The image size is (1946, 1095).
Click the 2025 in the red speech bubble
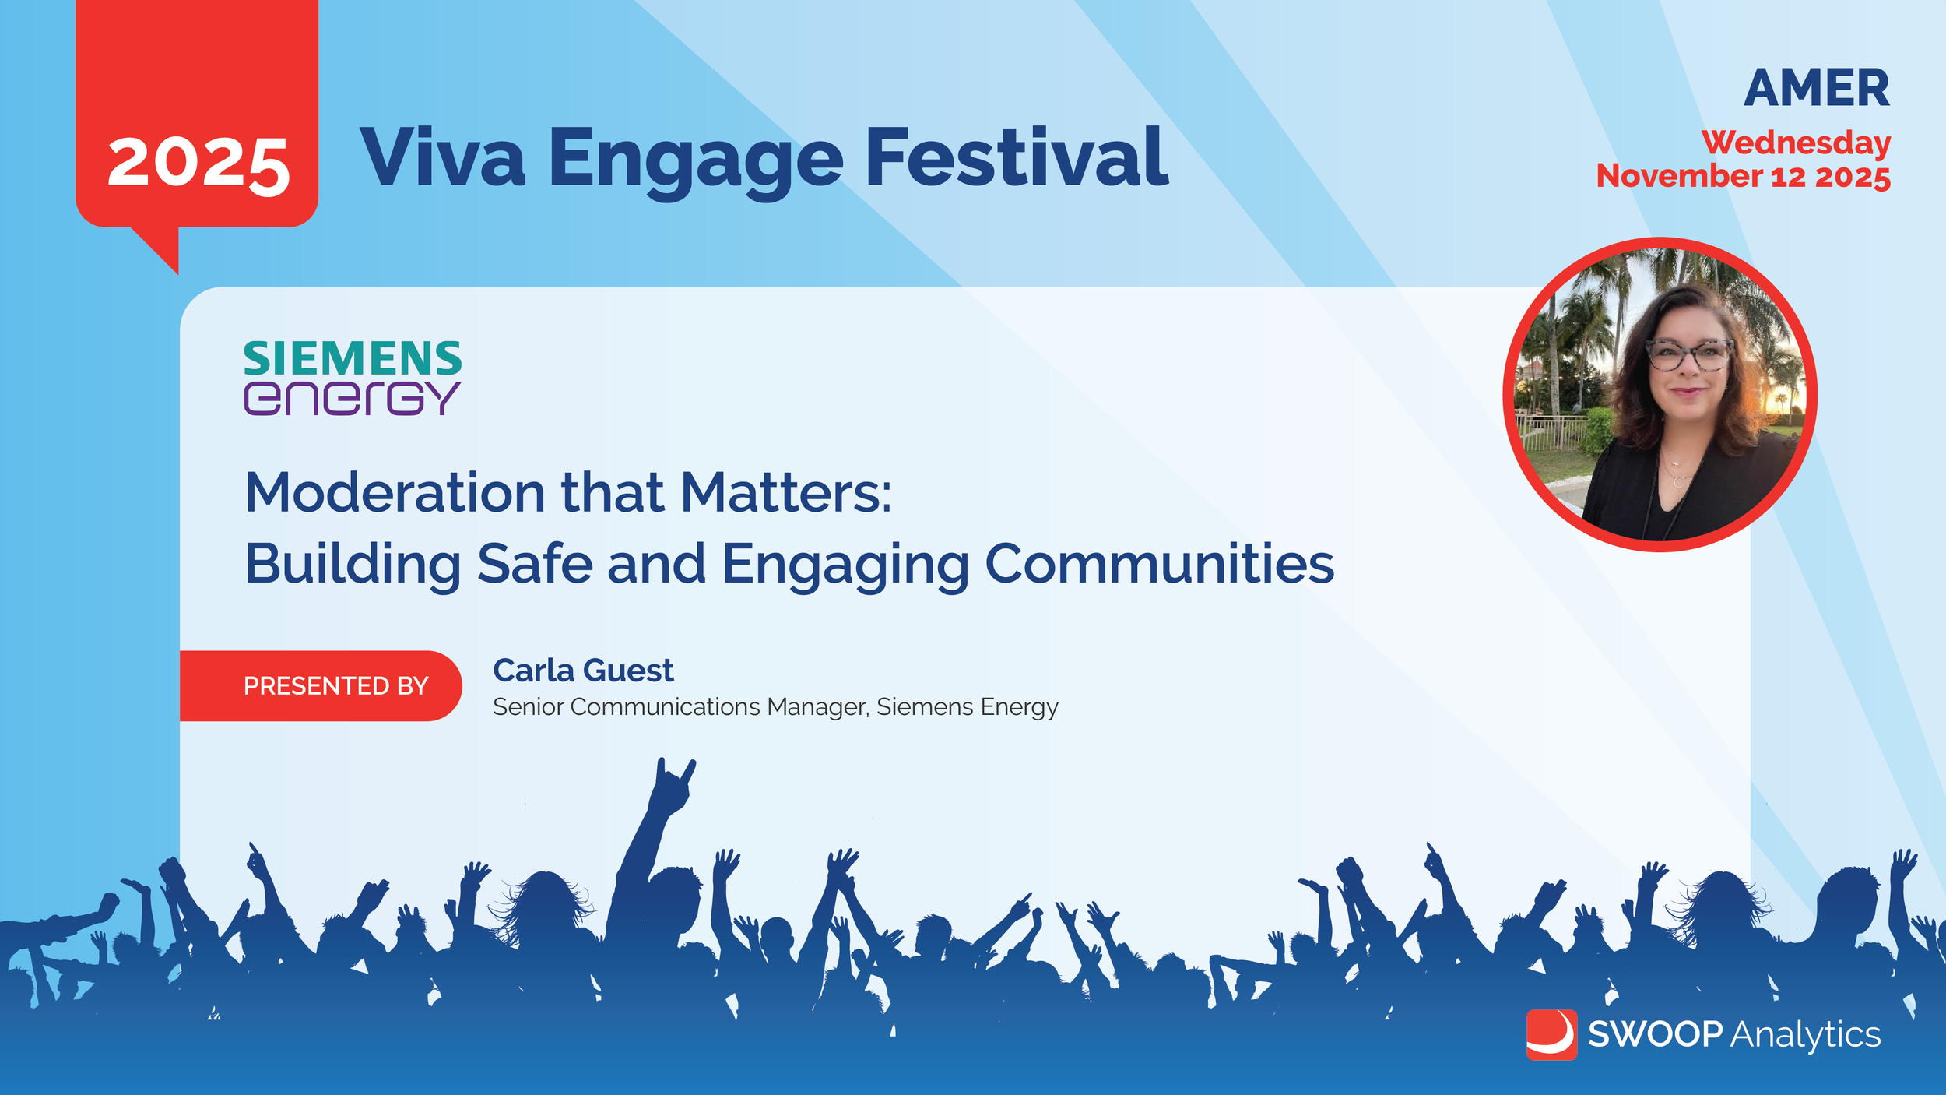coord(198,164)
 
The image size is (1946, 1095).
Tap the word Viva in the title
coord(442,158)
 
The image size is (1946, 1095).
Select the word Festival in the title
coord(1017,157)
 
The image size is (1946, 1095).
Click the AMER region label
coord(1816,88)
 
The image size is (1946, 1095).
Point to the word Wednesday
coord(1796,143)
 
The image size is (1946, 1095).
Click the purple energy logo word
coord(352,398)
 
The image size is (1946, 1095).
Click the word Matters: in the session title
coord(786,493)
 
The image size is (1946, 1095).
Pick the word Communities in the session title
coord(1160,563)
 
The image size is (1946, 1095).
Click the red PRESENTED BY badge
coord(321,685)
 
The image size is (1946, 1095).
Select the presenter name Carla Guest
coord(583,671)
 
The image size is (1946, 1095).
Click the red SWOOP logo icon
coord(1551,1035)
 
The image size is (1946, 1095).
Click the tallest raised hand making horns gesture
coord(673,787)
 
